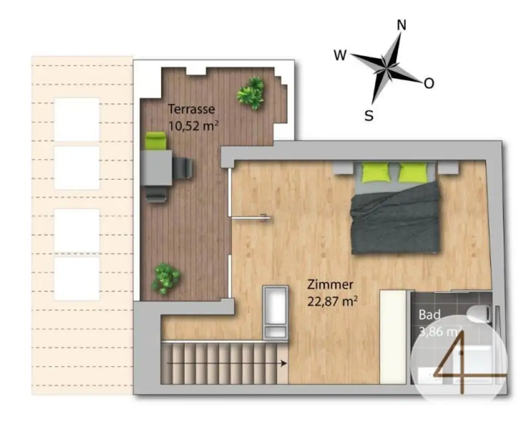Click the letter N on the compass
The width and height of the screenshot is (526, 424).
pyautogui.click(x=402, y=26)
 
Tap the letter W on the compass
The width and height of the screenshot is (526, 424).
pyautogui.click(x=340, y=55)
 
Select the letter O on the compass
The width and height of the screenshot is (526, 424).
pyautogui.click(x=429, y=83)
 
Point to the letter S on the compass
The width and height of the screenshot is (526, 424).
pyautogui.click(x=369, y=116)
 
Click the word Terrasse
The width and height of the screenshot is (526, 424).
pyautogui.click(x=192, y=109)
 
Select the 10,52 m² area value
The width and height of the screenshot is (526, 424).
pyautogui.click(x=191, y=125)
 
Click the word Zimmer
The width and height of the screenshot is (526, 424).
pyautogui.click(x=330, y=284)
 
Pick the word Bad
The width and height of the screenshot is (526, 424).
pyautogui.click(x=429, y=314)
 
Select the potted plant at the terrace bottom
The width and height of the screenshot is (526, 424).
pyautogui.click(x=165, y=278)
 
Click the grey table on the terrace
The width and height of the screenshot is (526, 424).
pyautogui.click(x=156, y=168)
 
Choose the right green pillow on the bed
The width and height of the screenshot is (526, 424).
pyautogui.click(x=412, y=172)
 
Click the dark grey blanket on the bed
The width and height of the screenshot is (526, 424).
pyautogui.click(x=396, y=221)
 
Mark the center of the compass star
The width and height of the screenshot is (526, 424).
pyautogui.click(x=386, y=66)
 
